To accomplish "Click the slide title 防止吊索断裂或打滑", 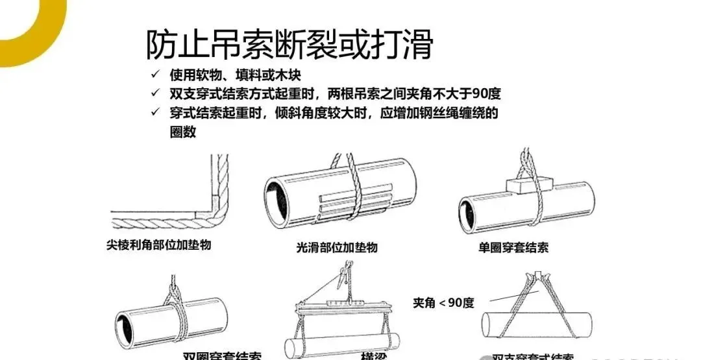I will coord(289,45).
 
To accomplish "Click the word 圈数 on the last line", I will coord(178,132).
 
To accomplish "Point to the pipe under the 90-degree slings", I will coord(539,324).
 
